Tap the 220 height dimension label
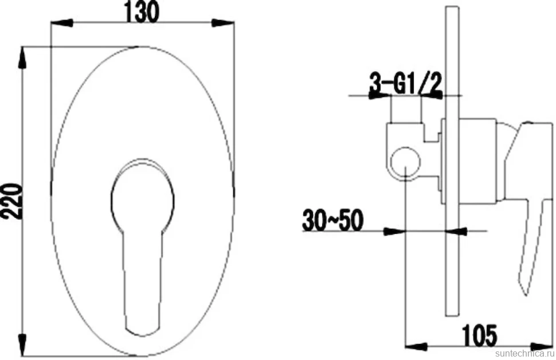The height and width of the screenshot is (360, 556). click(11, 201)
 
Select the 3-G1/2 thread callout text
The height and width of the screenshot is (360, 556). click(406, 83)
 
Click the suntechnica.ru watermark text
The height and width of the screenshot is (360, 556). click(524, 354)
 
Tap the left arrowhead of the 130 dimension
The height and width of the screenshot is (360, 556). click(62, 24)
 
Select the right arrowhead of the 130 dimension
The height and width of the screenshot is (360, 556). click(222, 24)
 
